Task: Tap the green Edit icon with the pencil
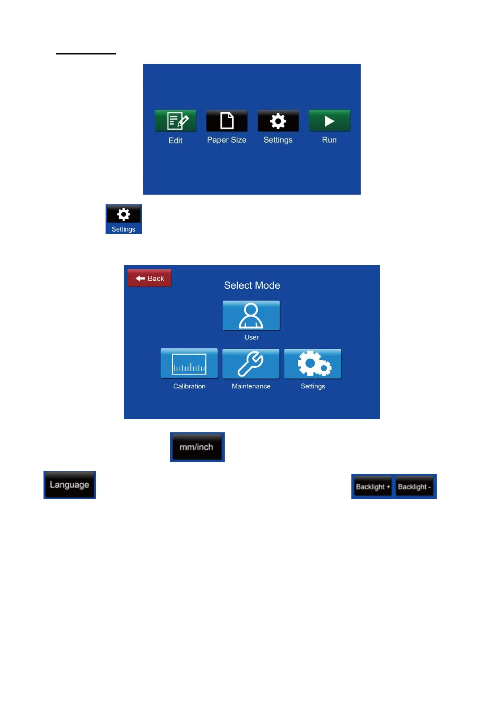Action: pyautogui.click(x=175, y=121)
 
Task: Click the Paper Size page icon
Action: pyautogui.click(x=227, y=121)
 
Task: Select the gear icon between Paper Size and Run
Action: pyautogui.click(x=278, y=121)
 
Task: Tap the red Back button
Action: pyautogui.click(x=150, y=278)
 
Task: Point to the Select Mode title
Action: pyautogui.click(x=252, y=285)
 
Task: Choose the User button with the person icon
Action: pyautogui.click(x=251, y=315)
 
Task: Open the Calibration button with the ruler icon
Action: pyautogui.click(x=189, y=364)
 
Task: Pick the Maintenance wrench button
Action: pyautogui.click(x=251, y=364)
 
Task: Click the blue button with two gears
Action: pyautogui.click(x=313, y=364)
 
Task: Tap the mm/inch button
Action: pyautogui.click(x=197, y=447)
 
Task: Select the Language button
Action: pyautogui.click(x=70, y=485)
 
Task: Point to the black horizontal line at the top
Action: pyautogui.click(x=85, y=54)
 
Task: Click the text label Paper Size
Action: pyautogui.click(x=227, y=140)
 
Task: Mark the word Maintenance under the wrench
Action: pyautogui.click(x=251, y=386)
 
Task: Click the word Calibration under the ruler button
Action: pyautogui.click(x=189, y=386)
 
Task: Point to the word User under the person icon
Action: pyautogui.click(x=251, y=337)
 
